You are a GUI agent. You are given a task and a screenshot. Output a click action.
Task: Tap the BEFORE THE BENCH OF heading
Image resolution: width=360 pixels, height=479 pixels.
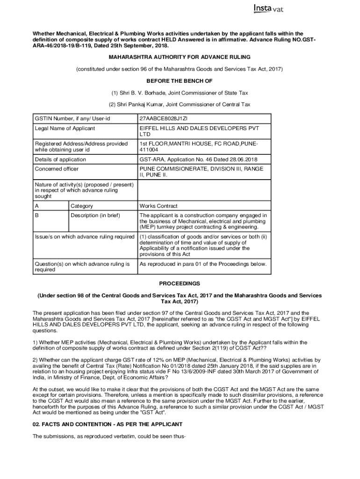(180, 81)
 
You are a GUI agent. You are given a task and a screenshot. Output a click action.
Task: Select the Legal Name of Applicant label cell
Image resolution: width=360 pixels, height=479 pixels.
(65, 128)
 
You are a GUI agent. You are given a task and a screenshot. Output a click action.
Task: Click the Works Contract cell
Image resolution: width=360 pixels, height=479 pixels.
(158, 206)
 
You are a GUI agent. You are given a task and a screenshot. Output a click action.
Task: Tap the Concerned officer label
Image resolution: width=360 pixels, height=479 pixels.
(57, 169)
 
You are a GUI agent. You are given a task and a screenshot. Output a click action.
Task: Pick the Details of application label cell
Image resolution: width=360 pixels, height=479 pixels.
(60, 160)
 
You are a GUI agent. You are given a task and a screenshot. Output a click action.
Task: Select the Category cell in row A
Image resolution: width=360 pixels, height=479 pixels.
(82, 206)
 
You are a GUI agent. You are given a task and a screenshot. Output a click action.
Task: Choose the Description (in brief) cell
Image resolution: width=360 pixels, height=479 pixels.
(95, 215)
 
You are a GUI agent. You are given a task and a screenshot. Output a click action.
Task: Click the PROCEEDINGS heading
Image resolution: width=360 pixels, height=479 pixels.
(180, 283)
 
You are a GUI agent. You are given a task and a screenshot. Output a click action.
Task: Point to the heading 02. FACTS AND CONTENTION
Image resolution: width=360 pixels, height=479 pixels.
(107, 424)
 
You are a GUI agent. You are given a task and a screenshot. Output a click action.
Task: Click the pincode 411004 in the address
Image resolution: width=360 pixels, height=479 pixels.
(149, 150)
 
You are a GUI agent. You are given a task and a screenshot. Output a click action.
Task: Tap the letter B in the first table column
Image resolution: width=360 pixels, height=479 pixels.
(37, 215)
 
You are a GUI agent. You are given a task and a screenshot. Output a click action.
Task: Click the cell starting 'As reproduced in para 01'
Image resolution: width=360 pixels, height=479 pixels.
(203, 264)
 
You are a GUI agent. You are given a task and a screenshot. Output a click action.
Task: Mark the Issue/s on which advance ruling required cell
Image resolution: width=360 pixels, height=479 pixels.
(85, 237)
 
